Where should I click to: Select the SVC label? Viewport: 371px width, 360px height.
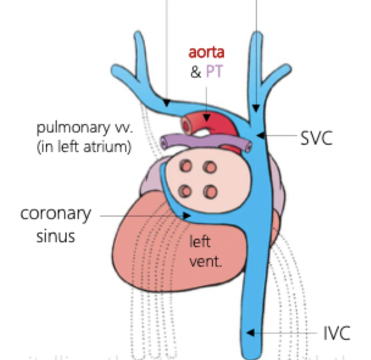click(316, 137)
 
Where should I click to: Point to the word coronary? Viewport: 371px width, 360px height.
click(56, 214)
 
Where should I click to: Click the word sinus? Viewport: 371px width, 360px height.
click(56, 236)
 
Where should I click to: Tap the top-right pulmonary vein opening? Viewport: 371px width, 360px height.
click(209, 167)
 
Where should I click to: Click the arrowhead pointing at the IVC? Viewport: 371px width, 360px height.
click(250, 333)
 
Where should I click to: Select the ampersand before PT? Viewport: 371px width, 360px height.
click(195, 72)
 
